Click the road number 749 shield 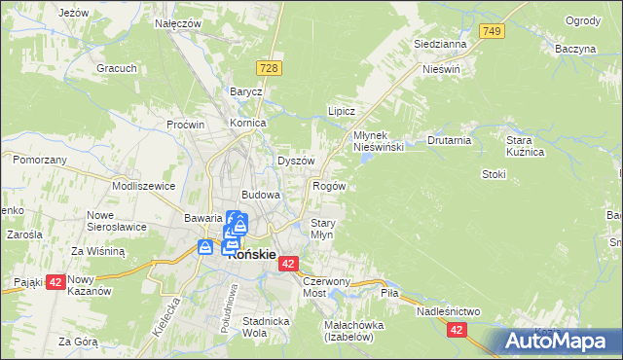pyautogui.click(x=493, y=32)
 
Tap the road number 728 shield pyautogui.click(x=271, y=66)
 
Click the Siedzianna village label pyautogui.click(x=440, y=44)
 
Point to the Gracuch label pyautogui.click(x=115, y=69)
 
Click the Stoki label pyautogui.click(x=494, y=174)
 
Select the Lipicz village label pyautogui.click(x=341, y=112)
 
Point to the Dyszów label pyautogui.click(x=296, y=161)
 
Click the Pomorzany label pyautogui.click(x=40, y=160)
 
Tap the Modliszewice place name pyautogui.click(x=143, y=185)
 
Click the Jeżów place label pyautogui.click(x=74, y=13)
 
